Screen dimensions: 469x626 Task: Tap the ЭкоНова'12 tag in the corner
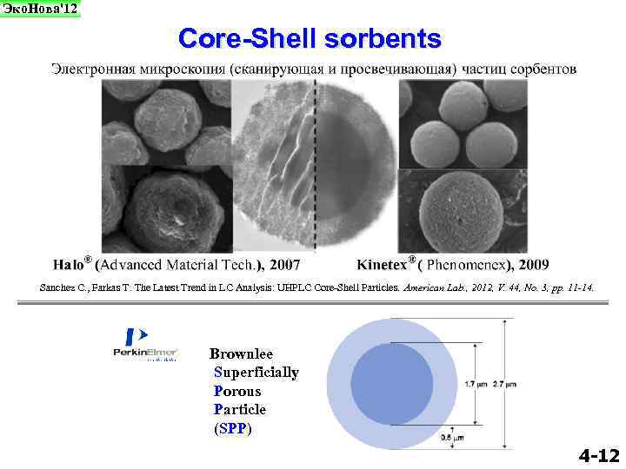(40, 9)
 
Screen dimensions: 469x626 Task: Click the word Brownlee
(241, 353)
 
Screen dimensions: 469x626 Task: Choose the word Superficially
(256, 373)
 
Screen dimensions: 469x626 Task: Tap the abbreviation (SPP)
(232, 428)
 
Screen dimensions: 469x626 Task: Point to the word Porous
(236, 391)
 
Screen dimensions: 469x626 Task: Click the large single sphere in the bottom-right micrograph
(461, 208)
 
